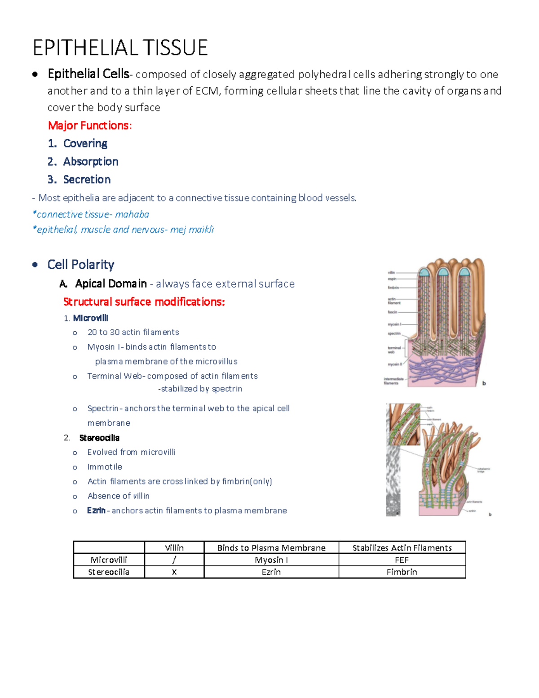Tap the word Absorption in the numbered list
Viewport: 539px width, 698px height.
click(x=91, y=161)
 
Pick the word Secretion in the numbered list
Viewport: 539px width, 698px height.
click(x=87, y=179)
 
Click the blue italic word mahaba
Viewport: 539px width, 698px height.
click(x=132, y=214)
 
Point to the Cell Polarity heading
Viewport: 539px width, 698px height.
click(x=81, y=264)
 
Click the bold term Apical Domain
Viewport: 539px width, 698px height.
click(x=111, y=284)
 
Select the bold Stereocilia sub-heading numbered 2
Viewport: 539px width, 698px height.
click(x=99, y=438)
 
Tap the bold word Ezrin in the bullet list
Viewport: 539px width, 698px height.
click(x=96, y=511)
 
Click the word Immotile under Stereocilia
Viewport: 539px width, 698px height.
click(x=105, y=467)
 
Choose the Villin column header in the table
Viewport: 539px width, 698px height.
click(x=174, y=547)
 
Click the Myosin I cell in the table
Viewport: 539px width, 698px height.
click(x=271, y=560)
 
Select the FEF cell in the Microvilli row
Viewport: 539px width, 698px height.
click(x=402, y=560)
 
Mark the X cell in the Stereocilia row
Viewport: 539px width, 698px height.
click(x=174, y=572)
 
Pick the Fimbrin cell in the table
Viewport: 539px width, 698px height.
click(x=402, y=572)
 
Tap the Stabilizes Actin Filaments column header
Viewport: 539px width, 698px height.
click(x=402, y=547)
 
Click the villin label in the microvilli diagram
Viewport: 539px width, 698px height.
click(x=391, y=273)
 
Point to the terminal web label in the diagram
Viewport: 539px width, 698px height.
click(x=394, y=350)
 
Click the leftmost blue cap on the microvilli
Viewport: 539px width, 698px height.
click(x=424, y=272)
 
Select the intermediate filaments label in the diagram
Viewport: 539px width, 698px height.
click(x=393, y=381)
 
